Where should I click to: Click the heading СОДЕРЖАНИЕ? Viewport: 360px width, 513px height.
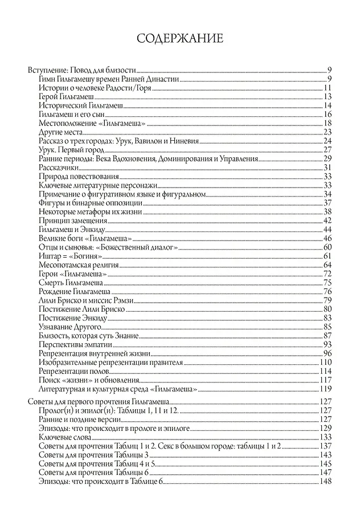tap(180, 38)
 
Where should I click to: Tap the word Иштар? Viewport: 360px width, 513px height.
tap(50, 256)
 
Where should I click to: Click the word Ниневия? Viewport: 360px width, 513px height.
tap(185, 141)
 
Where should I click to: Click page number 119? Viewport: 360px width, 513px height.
tap(326, 389)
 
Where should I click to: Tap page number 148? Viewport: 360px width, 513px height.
tap(326, 482)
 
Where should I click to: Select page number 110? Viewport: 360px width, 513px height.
tap(326, 362)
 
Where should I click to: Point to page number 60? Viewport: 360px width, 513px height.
tap(328, 247)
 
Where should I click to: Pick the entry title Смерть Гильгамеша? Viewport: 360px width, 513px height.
tap(71, 283)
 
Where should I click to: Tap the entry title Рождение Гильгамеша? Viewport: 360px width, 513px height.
tap(74, 291)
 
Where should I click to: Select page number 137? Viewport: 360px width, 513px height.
tap(326, 446)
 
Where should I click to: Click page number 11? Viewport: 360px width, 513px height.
tap(328, 88)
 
